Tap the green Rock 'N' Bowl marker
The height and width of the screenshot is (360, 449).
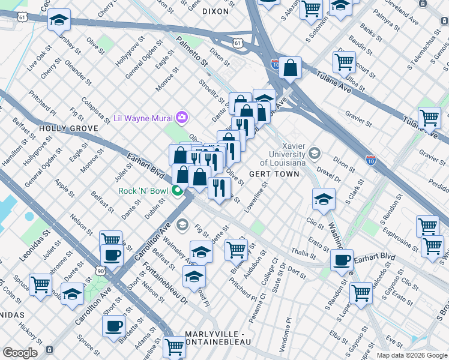[x=178, y=191]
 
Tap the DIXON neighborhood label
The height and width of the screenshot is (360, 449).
[x=215, y=11]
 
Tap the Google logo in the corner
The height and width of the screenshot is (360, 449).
[x=20, y=353]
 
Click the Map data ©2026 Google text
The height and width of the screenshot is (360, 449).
[x=411, y=355]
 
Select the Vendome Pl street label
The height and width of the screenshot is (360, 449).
[x=285, y=335]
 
